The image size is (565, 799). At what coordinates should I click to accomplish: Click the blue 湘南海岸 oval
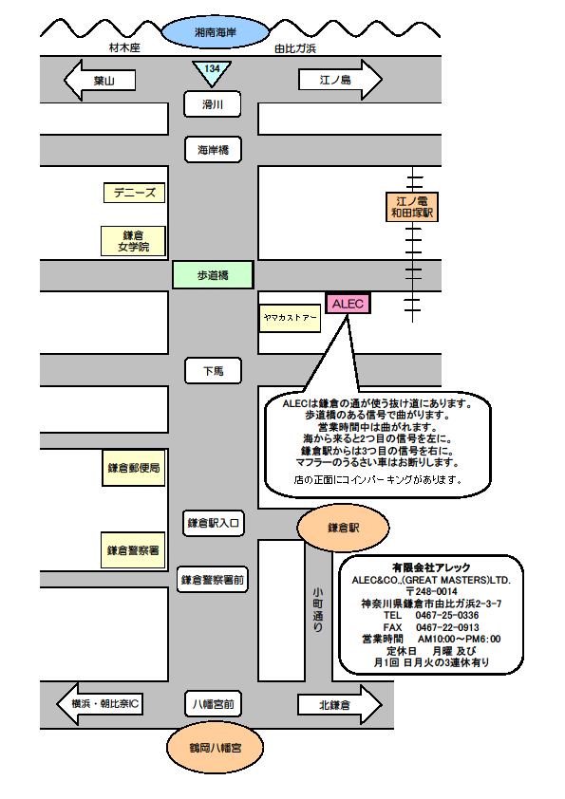[x=216, y=32]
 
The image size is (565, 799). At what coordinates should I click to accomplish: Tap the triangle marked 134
[x=212, y=73]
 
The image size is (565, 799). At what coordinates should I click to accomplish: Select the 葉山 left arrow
[x=100, y=80]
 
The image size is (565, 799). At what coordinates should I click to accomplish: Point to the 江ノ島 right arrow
[x=340, y=80]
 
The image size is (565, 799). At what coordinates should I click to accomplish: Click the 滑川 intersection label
[x=212, y=104]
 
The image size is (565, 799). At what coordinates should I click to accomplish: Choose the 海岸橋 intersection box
[x=213, y=150]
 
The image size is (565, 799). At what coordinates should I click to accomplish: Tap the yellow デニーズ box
[x=134, y=193]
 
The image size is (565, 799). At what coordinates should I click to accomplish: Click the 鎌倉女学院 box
[x=133, y=241]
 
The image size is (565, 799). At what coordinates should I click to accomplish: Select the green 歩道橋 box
[x=213, y=275]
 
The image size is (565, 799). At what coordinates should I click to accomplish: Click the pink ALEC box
[x=348, y=304]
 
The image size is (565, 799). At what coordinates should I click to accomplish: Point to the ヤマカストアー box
[x=290, y=318]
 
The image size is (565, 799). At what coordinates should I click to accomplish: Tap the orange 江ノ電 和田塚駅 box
[x=411, y=207]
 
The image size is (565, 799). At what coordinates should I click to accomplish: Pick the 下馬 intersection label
[x=213, y=371]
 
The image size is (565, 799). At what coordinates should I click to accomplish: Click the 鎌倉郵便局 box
[x=134, y=468]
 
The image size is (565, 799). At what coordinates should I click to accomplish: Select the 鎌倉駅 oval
[x=343, y=528]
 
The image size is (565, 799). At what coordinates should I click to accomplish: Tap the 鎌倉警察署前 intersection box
[x=213, y=580]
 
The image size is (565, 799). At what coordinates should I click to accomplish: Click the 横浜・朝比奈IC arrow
[x=100, y=704]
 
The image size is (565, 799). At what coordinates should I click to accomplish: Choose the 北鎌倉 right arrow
[x=340, y=705]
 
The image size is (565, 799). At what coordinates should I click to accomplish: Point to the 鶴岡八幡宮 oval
[x=216, y=748]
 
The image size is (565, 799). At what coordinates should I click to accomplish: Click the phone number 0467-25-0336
[x=447, y=615]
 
